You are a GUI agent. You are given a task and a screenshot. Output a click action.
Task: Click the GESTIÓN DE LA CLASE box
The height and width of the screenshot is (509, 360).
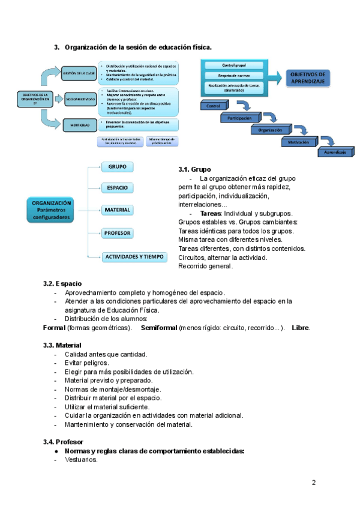click(x=79, y=73)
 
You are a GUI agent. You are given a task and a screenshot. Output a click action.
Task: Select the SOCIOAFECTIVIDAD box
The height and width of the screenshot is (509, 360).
click(x=79, y=98)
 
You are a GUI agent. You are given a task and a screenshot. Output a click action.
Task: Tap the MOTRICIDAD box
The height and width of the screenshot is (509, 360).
click(x=79, y=125)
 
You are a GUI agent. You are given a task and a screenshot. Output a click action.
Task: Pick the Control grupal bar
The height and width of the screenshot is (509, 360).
click(x=233, y=65)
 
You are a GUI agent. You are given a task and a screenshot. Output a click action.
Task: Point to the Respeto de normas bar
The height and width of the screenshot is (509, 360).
click(x=233, y=76)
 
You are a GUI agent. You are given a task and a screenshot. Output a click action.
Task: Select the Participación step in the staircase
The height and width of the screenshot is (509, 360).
click(x=239, y=118)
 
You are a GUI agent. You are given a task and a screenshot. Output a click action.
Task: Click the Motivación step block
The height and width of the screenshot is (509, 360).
click(x=298, y=142)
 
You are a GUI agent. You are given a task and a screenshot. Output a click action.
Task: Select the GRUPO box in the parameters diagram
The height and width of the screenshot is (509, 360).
click(x=117, y=167)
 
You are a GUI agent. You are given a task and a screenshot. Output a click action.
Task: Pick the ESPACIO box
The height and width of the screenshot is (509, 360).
click(x=117, y=188)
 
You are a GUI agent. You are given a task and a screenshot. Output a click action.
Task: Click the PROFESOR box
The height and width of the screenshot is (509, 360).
click(x=117, y=233)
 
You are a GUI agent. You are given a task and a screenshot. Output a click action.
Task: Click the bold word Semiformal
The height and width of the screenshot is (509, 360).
click(x=159, y=328)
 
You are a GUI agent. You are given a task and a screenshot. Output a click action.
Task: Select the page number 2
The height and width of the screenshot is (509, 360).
click(x=314, y=483)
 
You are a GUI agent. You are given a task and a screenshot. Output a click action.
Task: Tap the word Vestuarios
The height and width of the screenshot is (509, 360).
click(x=81, y=460)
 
